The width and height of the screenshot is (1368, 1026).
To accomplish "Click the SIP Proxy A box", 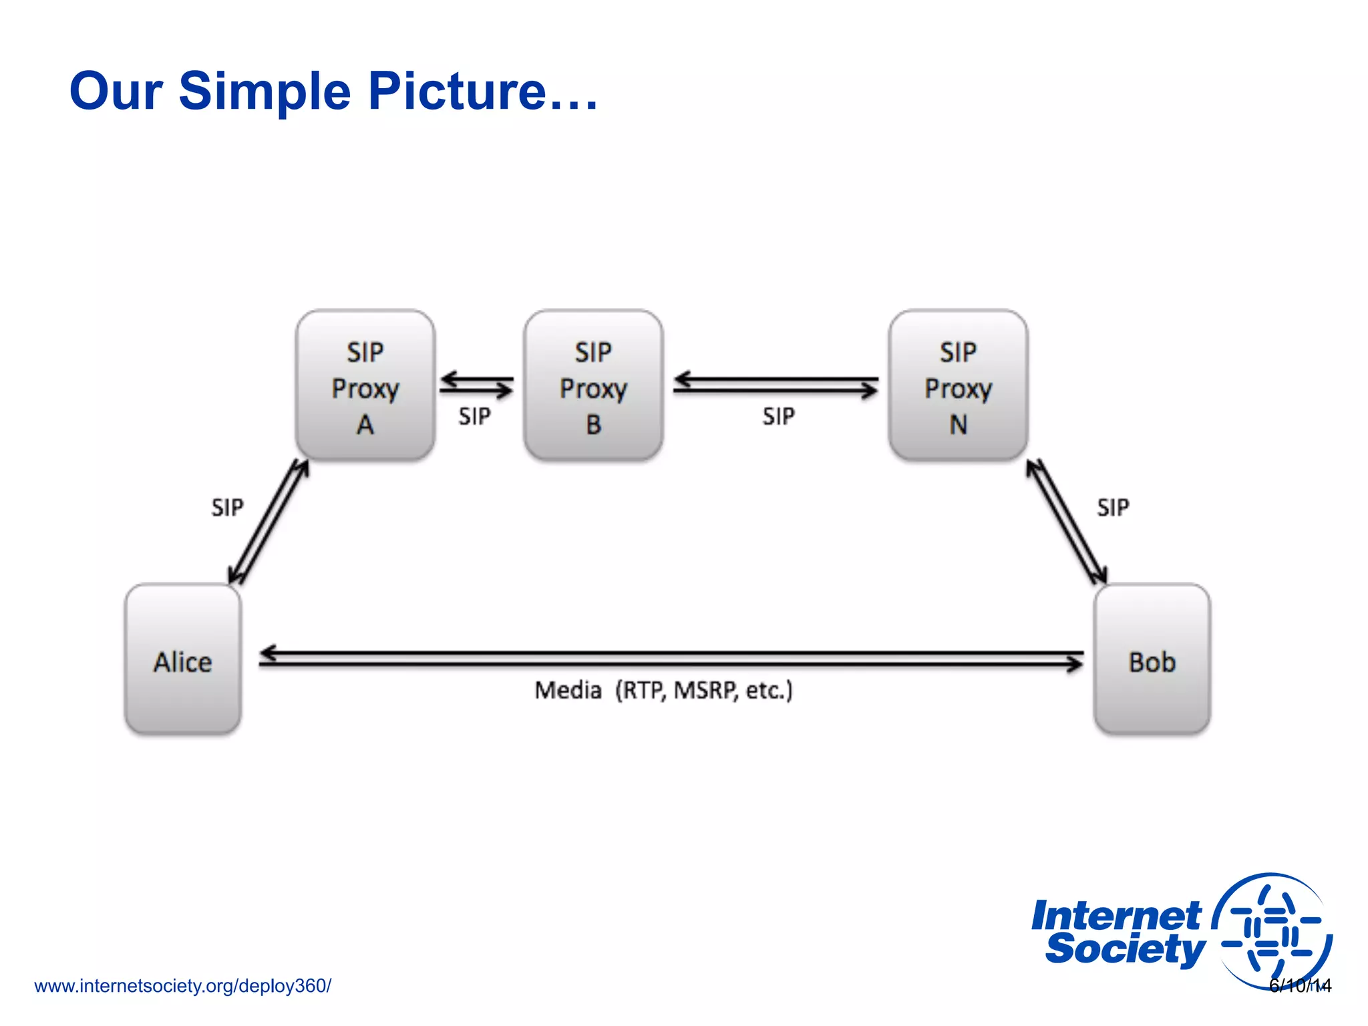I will pyautogui.click(x=365, y=385).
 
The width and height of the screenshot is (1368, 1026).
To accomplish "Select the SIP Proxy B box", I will pyautogui.click(x=593, y=385).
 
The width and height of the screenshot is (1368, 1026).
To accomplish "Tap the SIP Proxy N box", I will pyautogui.click(x=958, y=385).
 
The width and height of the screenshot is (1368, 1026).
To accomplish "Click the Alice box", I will pyautogui.click(x=182, y=659).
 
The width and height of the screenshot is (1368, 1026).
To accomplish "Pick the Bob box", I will pyautogui.click(x=1152, y=659).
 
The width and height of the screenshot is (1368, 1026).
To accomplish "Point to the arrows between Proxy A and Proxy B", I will pyautogui.click(x=476, y=385).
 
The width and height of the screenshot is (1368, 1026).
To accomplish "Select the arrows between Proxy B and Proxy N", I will pyautogui.click(x=776, y=385).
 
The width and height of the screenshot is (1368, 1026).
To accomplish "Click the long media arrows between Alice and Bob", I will pyautogui.click(x=671, y=658).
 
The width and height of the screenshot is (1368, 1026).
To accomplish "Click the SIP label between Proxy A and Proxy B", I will pyautogui.click(x=474, y=417).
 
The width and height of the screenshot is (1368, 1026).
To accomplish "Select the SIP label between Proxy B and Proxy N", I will pyautogui.click(x=778, y=417).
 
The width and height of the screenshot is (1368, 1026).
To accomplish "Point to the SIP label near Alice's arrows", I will pyautogui.click(x=227, y=508).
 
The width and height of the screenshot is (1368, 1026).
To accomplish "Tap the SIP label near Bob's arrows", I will pyautogui.click(x=1113, y=508).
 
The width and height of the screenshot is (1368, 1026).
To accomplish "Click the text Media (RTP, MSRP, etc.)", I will pyautogui.click(x=663, y=690).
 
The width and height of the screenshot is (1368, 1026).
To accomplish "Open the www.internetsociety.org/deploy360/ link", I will pyautogui.click(x=182, y=986).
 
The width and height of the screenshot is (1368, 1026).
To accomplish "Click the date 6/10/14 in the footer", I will pyautogui.click(x=1300, y=986).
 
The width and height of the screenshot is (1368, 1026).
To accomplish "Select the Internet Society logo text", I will pyautogui.click(x=1118, y=933).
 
